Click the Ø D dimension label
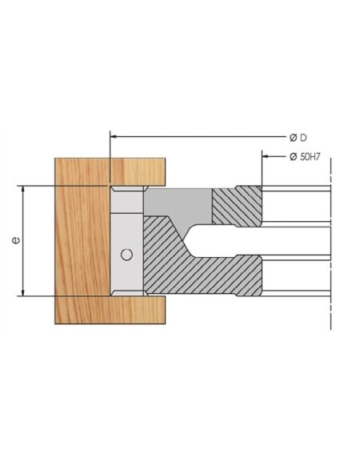(x=297, y=135)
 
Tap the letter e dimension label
(x=16, y=240)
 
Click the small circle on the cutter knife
(x=125, y=255)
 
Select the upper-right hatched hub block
(x=236, y=207)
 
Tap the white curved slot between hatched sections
(x=240, y=240)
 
